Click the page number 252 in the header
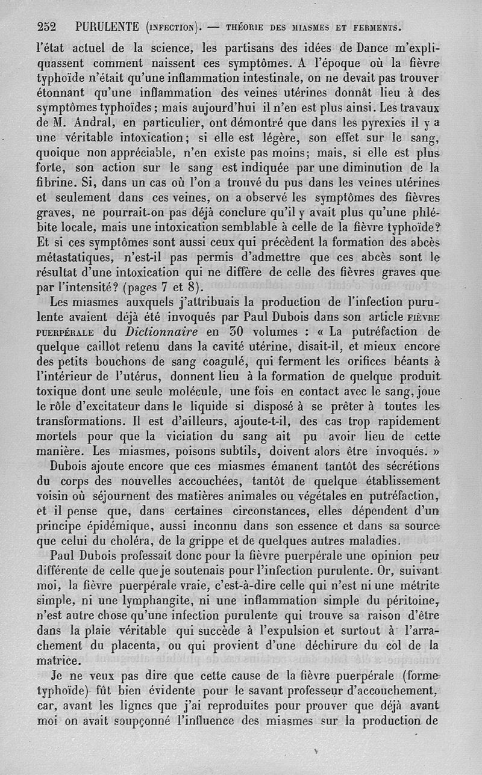(x=46, y=27)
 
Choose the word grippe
(x=201, y=540)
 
